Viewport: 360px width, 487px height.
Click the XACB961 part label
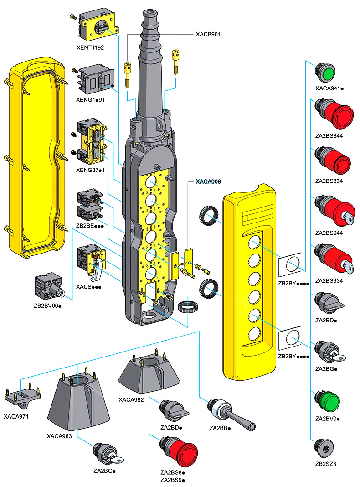coord(208,34)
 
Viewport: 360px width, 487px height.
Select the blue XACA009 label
coord(208,181)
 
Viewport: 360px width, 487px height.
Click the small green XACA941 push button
coord(325,73)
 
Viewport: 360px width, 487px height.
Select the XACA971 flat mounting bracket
coord(22,396)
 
